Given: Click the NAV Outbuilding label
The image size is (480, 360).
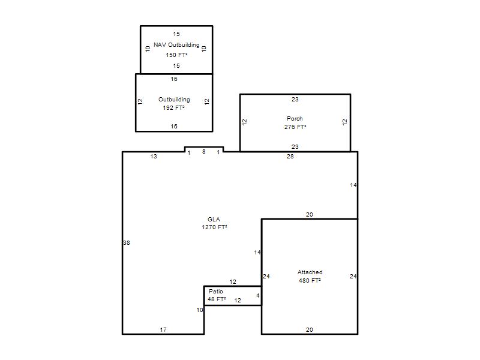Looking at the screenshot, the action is click(x=176, y=44).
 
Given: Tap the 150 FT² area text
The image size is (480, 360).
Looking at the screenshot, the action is click(x=176, y=55).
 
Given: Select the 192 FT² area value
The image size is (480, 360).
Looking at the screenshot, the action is click(x=173, y=108).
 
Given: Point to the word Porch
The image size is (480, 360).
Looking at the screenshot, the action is click(x=295, y=118).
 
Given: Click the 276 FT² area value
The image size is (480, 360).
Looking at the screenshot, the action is click(x=295, y=127).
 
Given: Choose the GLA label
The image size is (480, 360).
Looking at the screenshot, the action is click(x=214, y=219).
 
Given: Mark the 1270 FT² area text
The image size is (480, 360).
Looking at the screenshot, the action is click(x=214, y=227).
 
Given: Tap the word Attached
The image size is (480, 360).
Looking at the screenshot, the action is click(x=310, y=272).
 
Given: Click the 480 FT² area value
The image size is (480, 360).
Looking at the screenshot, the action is click(x=310, y=280).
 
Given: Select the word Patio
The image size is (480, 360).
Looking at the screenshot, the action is click(x=216, y=292).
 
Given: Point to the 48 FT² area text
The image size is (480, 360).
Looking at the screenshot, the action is click(x=217, y=299).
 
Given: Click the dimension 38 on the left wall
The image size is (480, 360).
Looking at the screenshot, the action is click(x=127, y=243).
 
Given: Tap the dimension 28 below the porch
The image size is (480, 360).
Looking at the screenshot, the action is click(x=290, y=157).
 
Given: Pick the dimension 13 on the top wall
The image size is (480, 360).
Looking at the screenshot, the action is click(x=154, y=157).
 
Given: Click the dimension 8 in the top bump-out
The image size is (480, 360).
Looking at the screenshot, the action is click(x=204, y=152).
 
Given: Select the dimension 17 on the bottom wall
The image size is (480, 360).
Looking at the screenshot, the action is click(x=163, y=329).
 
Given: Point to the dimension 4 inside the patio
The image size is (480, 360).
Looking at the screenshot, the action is click(x=258, y=295).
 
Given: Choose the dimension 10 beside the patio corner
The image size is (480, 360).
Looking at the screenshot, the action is click(x=200, y=310).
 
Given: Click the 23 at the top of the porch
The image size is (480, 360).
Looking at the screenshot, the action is click(x=295, y=99).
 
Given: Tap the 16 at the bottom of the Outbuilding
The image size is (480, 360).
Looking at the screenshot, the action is click(x=174, y=126).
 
